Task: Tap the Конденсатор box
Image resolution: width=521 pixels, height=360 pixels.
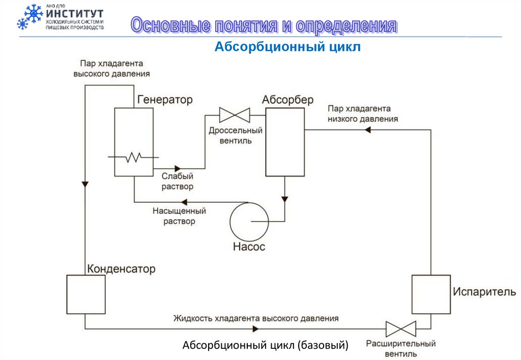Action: (86, 294)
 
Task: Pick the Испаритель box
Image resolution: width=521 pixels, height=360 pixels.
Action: (430, 294)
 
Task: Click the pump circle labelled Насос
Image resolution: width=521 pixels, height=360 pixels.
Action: (249, 221)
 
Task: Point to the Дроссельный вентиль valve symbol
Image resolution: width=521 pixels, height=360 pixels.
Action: (234, 115)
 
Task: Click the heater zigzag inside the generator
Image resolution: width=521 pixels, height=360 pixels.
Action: (134, 158)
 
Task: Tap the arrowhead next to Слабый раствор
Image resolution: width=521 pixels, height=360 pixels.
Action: (178, 168)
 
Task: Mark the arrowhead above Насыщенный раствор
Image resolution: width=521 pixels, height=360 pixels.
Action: (184, 202)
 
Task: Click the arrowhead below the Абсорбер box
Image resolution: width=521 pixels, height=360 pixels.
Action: (285, 198)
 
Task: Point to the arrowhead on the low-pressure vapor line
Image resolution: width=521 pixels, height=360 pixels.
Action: (368, 130)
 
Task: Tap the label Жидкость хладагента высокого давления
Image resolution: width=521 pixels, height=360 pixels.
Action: (255, 319)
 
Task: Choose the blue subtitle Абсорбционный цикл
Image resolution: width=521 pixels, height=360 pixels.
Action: (287, 47)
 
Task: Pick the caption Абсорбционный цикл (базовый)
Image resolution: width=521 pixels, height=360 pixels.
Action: (266, 346)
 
